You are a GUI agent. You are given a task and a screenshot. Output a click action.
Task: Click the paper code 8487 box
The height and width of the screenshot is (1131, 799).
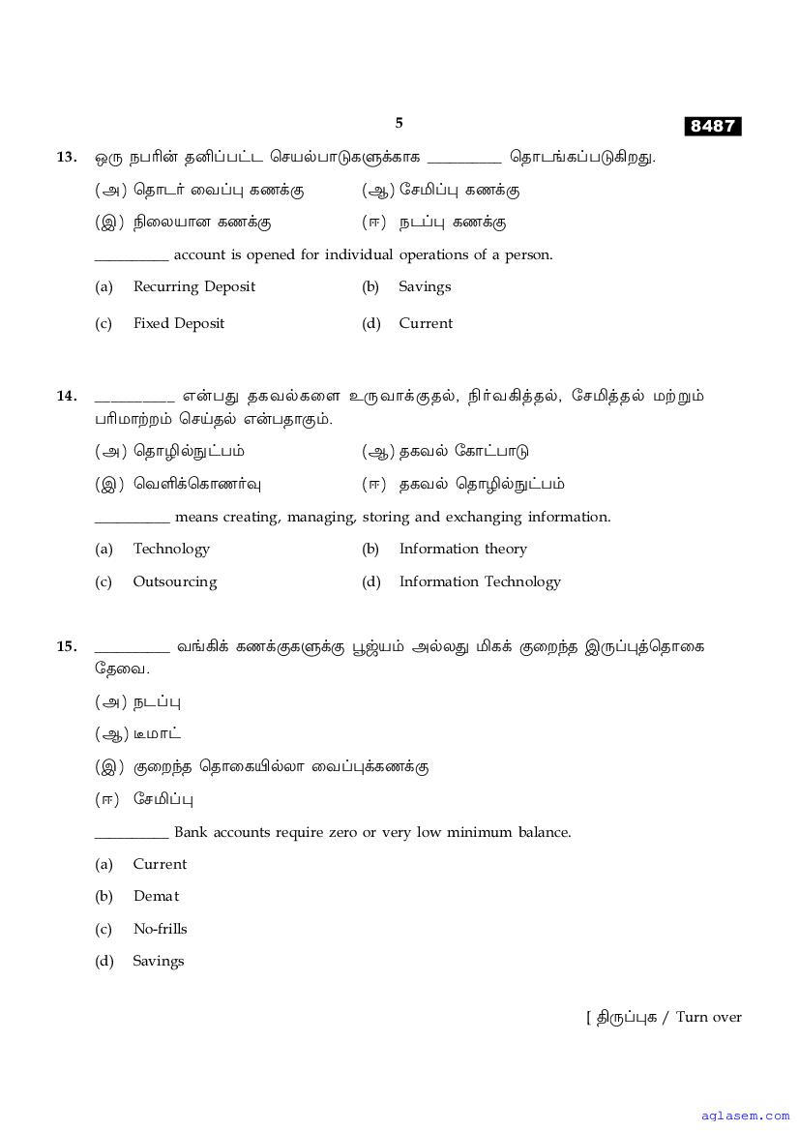click(713, 126)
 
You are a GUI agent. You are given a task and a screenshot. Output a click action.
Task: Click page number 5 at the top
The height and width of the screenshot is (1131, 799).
click(399, 123)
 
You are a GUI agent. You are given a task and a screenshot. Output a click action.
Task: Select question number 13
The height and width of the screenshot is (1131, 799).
click(67, 157)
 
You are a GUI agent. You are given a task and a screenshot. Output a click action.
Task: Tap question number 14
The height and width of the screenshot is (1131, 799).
click(67, 396)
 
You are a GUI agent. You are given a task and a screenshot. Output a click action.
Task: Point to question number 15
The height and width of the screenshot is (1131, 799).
click(67, 646)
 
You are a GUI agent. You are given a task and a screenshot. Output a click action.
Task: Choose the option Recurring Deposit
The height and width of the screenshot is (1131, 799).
click(194, 286)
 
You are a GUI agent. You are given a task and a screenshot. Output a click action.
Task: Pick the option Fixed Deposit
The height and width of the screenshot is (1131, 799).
click(179, 323)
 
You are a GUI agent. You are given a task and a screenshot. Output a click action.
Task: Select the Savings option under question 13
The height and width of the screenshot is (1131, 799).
click(425, 286)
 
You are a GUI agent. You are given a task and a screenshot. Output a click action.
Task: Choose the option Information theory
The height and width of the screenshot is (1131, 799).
click(462, 549)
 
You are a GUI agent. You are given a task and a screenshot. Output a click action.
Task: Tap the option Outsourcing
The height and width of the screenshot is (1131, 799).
click(175, 581)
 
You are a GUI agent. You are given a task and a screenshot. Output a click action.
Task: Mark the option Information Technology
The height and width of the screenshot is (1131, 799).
click(480, 581)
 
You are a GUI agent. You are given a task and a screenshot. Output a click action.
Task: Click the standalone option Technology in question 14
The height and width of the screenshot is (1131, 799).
click(171, 549)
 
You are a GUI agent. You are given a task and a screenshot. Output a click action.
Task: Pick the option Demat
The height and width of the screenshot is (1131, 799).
click(156, 896)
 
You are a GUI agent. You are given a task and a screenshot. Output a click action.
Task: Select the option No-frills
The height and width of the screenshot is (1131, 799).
click(160, 929)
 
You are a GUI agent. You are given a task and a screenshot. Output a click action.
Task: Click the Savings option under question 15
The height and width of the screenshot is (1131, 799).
click(158, 961)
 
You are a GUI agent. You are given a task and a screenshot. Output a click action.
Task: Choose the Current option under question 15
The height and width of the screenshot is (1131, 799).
click(160, 864)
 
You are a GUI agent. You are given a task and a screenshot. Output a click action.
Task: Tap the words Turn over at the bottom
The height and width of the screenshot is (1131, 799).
click(709, 1017)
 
